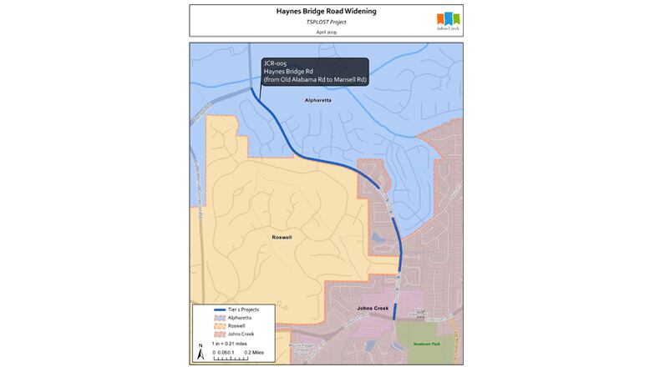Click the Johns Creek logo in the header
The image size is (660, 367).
[448, 20]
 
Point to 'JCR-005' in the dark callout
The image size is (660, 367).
[277, 63]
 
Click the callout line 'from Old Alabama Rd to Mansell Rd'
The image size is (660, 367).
[315, 79]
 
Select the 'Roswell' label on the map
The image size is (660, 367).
[282, 237]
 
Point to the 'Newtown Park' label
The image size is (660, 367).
[426, 343]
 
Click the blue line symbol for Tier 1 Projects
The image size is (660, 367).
[207, 309]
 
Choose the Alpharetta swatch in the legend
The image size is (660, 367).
[207, 318]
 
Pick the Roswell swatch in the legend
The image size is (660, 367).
[207, 326]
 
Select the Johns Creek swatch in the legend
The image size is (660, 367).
[207, 334]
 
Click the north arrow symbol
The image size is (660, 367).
[200, 352]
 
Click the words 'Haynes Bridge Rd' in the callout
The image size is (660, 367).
[288, 71]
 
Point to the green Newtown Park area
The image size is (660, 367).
[429, 350]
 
